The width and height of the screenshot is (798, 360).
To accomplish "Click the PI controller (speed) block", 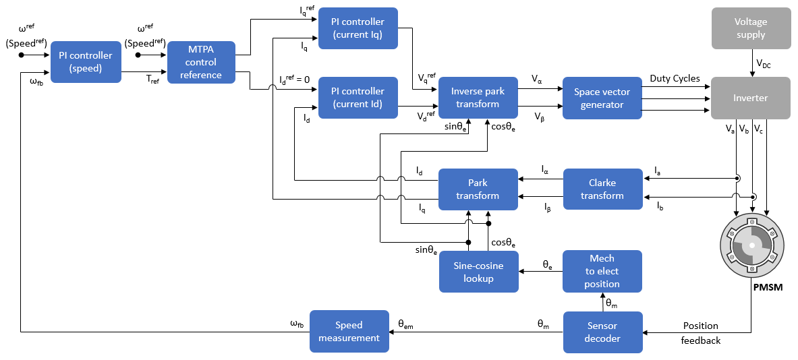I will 86,62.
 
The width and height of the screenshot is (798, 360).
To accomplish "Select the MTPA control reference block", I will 201,62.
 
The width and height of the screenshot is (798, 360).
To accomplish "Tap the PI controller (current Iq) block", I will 358,28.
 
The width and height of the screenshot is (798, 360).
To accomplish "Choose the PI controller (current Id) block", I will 358,98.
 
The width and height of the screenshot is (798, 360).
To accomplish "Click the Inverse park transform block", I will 478,98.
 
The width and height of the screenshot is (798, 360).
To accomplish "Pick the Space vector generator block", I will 602,98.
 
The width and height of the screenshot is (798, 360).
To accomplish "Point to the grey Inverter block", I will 751,98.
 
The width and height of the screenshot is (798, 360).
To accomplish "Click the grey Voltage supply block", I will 751,28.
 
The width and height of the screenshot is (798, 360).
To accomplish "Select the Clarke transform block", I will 602,189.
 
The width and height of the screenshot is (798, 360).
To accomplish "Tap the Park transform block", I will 478,189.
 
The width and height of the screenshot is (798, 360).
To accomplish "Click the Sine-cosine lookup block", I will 478,272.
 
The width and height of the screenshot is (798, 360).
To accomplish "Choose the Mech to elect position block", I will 602,271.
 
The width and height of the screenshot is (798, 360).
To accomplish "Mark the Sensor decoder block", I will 602,332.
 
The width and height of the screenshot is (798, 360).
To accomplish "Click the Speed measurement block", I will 349,331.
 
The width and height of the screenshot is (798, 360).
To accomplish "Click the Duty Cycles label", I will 675,79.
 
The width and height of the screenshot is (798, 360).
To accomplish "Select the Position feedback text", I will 701,333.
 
